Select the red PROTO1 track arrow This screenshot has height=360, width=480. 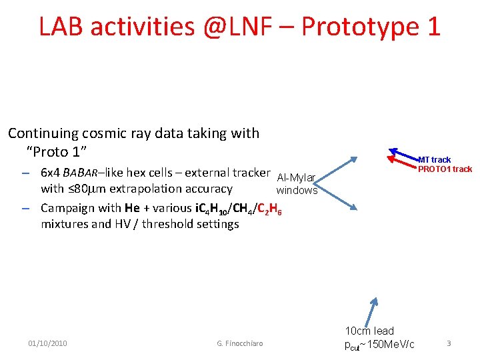pyautogui.click(x=403, y=162)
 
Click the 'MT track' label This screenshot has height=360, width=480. pyautogui.click(x=434, y=160)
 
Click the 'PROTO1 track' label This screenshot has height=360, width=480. pyautogui.click(x=445, y=169)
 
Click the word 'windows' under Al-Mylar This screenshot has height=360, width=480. pyautogui.click(x=297, y=191)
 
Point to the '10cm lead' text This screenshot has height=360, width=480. pyautogui.click(x=369, y=331)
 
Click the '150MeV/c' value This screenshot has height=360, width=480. pyautogui.click(x=388, y=344)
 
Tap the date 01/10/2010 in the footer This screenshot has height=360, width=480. pyautogui.click(x=47, y=343)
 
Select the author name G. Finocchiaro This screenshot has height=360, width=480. pyautogui.click(x=240, y=343)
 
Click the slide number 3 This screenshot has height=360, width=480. pyautogui.click(x=449, y=343)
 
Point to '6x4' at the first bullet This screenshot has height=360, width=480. pyautogui.click(x=51, y=173)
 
